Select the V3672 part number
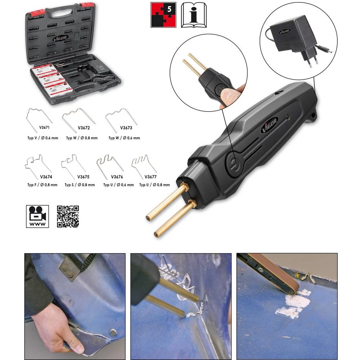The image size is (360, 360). [x=84, y=128]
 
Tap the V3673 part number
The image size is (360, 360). [x=126, y=128]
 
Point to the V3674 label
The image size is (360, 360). [x=46, y=177]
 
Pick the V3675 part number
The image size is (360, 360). [x=84, y=177]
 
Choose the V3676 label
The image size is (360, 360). [x=117, y=177]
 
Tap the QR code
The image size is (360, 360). [x=68, y=216]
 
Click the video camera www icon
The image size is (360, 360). [x=37, y=216]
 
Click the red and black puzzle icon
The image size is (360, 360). [x=163, y=15]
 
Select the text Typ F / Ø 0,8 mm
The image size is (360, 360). [x=42, y=185]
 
